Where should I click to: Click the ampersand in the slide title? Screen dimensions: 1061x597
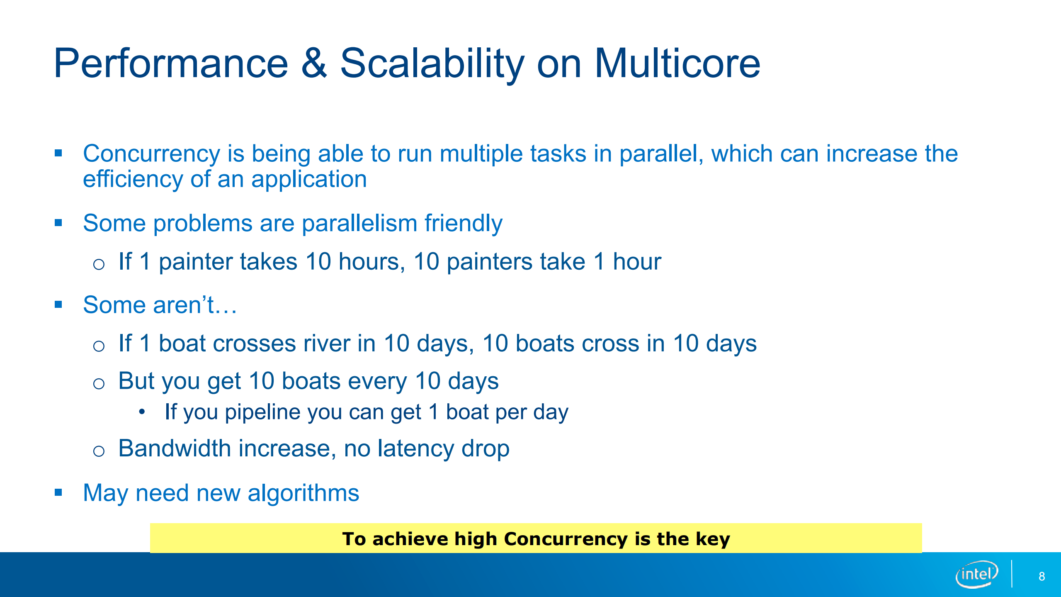tap(314, 63)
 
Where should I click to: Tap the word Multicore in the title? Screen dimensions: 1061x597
tap(677, 63)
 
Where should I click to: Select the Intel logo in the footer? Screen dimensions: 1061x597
tap(977, 574)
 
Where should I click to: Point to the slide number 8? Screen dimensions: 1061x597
tap(1042, 576)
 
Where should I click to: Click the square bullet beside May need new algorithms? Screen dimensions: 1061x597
tap(58, 492)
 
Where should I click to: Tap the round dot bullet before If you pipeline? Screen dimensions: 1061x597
tap(142, 412)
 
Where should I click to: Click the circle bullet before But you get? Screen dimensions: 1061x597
tap(99, 383)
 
